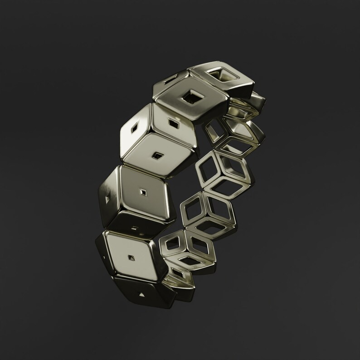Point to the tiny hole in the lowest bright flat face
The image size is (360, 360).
[x=132, y=258]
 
